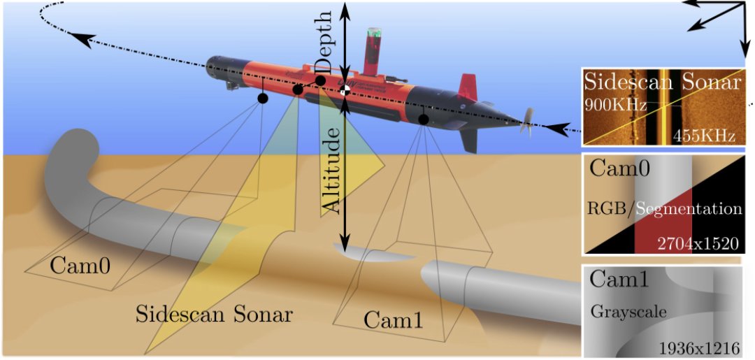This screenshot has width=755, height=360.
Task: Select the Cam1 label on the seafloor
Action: tap(394, 319)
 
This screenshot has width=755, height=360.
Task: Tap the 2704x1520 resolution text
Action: tap(693, 243)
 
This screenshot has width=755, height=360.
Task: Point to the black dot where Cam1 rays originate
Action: tap(423, 120)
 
